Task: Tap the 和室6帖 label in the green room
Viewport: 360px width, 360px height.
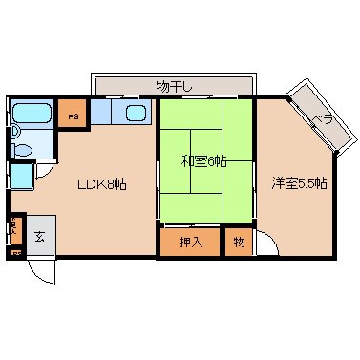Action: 203,160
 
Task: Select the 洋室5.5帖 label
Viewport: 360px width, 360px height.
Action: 298,181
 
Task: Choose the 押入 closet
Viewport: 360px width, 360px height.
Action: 190,242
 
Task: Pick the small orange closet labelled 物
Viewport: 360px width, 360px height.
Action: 239,242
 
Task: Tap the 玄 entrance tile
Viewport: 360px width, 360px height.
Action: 40,235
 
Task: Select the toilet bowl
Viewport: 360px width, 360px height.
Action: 22,149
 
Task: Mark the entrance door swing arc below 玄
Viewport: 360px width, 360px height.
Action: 39,270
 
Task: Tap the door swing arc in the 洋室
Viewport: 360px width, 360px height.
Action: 265,245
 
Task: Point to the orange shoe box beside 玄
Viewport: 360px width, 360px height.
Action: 14,230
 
